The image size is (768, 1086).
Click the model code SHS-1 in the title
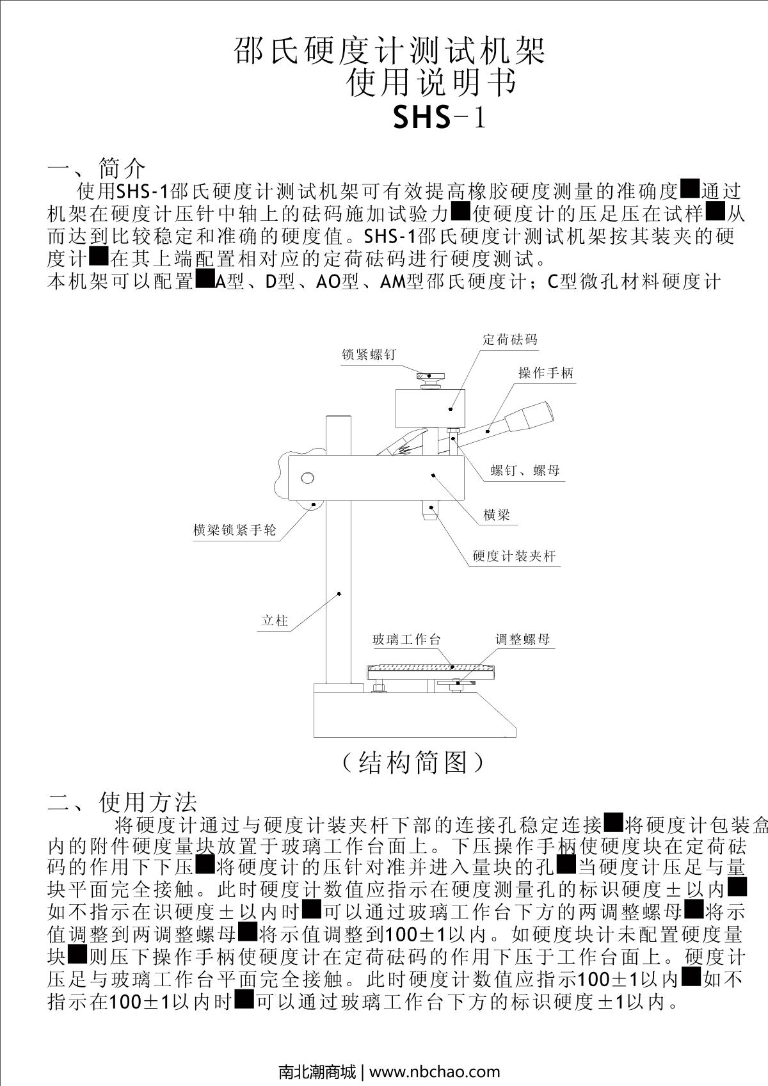(x=439, y=117)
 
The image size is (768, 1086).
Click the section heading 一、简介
(x=97, y=168)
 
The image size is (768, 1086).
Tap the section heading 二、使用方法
(x=122, y=801)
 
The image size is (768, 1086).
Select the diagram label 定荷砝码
(x=509, y=339)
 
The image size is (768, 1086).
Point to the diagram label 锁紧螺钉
(x=369, y=354)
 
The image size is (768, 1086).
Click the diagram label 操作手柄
(x=546, y=373)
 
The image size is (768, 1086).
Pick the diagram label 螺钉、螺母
(x=525, y=470)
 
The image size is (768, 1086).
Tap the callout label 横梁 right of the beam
(x=497, y=514)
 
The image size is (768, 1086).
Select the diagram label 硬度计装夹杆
(x=514, y=555)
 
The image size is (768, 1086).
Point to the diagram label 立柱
(x=275, y=620)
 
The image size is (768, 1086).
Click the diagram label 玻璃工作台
(x=406, y=639)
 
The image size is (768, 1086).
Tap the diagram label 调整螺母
(x=522, y=639)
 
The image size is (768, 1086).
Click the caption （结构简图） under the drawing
(x=412, y=762)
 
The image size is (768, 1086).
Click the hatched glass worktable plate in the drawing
(x=431, y=667)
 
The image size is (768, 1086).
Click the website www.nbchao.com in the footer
(x=435, y=1071)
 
